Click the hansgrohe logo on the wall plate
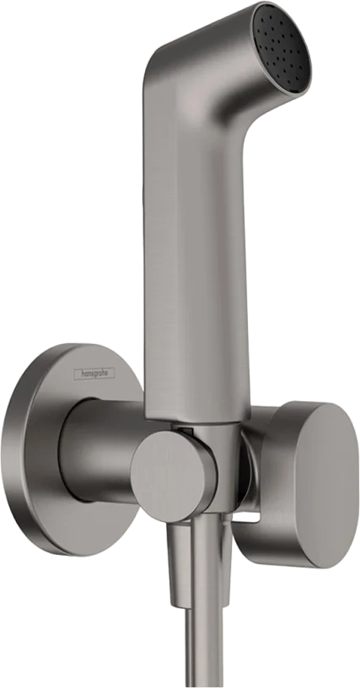tap(94, 374)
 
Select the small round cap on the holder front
tap(174, 476)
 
